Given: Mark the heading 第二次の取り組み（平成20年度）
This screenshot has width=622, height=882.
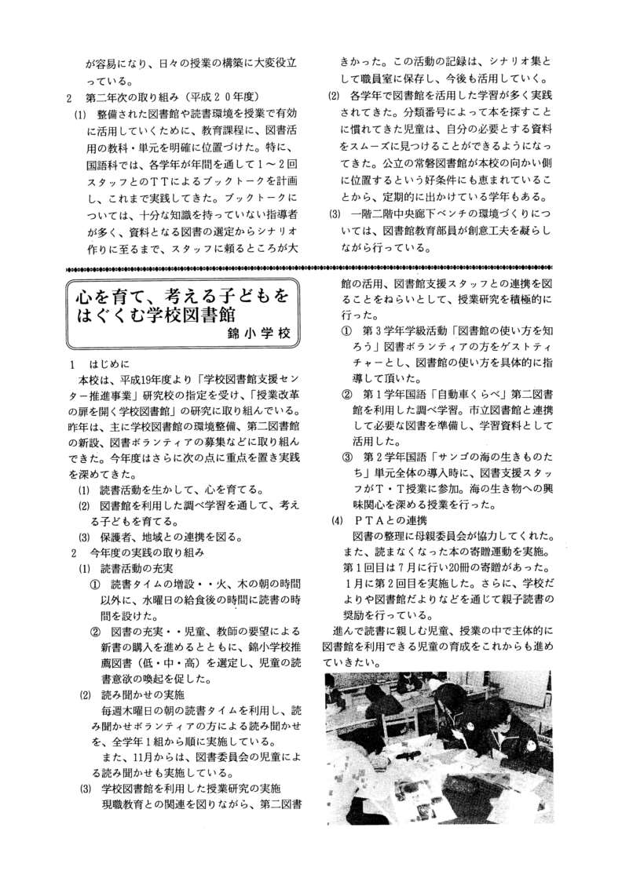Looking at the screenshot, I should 168,97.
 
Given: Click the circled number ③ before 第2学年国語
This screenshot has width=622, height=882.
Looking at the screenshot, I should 346,457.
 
